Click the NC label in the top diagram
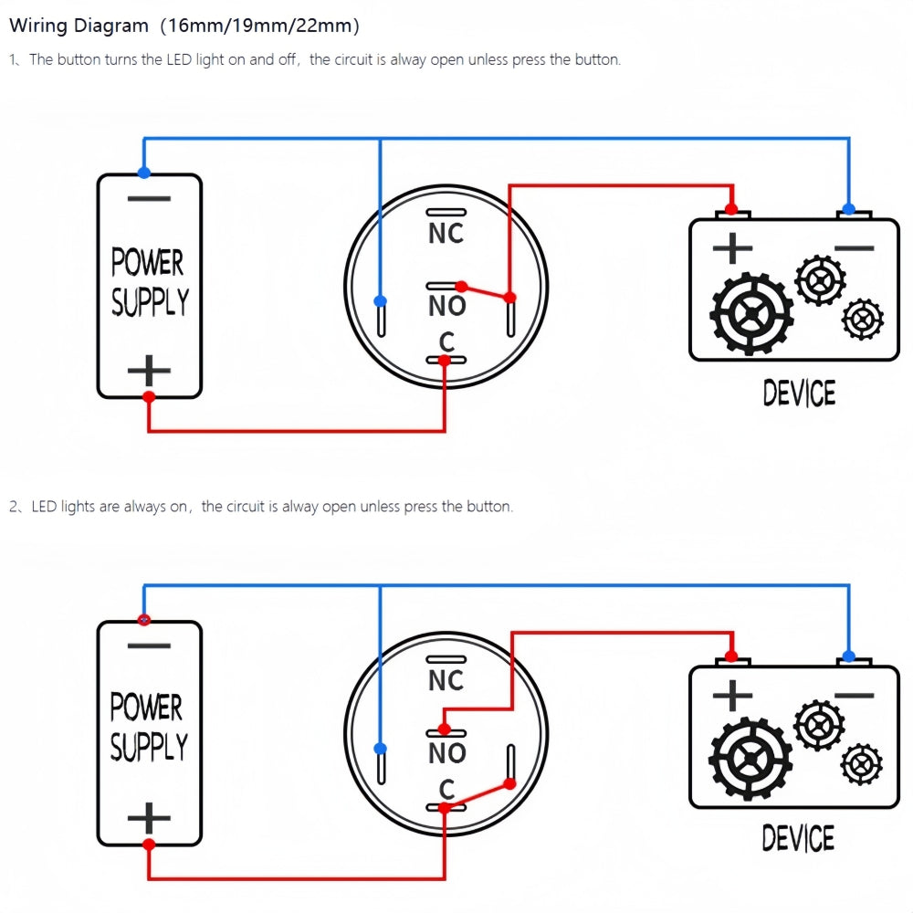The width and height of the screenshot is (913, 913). point(446,234)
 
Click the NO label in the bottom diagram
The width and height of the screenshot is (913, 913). point(446,753)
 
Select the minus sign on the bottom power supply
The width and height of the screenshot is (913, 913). point(149,646)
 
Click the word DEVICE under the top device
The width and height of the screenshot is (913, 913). point(799,394)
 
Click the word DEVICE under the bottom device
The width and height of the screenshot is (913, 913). point(798,838)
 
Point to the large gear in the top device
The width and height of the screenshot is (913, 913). point(751,313)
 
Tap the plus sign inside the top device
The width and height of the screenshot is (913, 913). point(732,248)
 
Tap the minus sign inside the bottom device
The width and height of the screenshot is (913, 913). point(854,695)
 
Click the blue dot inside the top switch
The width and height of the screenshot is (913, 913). point(381,300)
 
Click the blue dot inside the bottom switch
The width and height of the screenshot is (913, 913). point(381,748)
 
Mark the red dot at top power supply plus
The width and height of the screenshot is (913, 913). point(149,396)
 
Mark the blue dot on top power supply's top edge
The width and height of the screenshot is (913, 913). point(143,173)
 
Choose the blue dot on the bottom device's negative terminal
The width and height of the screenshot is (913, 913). point(849,656)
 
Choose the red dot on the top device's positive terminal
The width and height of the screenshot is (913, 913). point(730,209)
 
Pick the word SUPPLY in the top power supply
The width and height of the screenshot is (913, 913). point(150,301)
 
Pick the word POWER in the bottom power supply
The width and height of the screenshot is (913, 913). point(147,708)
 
